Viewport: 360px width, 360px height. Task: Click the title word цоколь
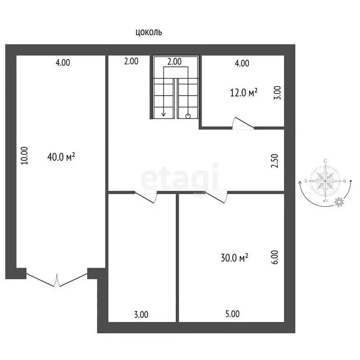tap(149, 32)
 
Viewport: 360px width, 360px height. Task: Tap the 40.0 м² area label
tap(61, 157)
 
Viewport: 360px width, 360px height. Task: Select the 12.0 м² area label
tap(244, 92)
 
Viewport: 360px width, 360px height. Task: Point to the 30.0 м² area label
tap(234, 257)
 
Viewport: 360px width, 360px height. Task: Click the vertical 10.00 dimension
tap(25, 156)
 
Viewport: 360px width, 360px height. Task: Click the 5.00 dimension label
tap(232, 315)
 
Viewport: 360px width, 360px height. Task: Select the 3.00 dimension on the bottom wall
tap(141, 315)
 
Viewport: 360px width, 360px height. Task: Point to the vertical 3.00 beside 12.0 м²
tap(277, 92)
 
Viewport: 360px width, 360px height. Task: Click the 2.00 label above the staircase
tap(175, 61)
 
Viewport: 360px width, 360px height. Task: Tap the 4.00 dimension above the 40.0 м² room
tap(62, 62)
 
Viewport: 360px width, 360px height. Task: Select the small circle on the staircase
tap(188, 116)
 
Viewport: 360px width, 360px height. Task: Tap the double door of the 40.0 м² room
tap(57, 279)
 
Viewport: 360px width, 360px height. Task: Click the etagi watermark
tap(180, 177)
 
